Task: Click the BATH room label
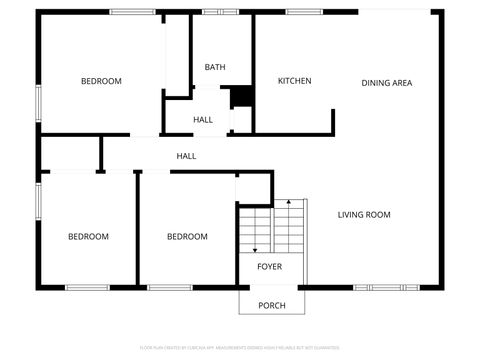click(x=215, y=67)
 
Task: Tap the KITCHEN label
click(x=295, y=81)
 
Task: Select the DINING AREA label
click(x=387, y=83)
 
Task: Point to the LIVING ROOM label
click(x=364, y=214)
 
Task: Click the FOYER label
click(x=269, y=267)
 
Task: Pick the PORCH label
click(x=272, y=305)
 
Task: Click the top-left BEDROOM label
click(x=101, y=81)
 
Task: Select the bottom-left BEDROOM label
click(x=88, y=237)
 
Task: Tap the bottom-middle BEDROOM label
click(x=187, y=237)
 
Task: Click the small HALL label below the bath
click(x=203, y=120)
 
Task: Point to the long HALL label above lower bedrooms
click(x=186, y=156)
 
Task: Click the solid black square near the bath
click(x=241, y=97)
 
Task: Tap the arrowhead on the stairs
click(x=255, y=250)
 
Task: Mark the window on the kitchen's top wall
click(x=303, y=12)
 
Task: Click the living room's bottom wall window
click(x=382, y=288)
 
